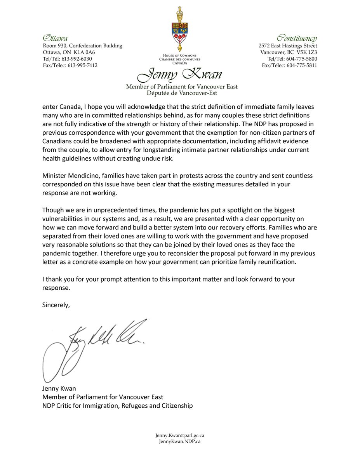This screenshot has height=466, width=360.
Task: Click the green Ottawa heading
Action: [x=56, y=38]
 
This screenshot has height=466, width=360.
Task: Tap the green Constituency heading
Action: [x=297, y=38]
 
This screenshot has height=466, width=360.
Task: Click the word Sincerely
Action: [x=56, y=305]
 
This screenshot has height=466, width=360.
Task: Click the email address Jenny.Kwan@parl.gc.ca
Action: [x=180, y=436]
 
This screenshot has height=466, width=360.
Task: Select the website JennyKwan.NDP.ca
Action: [x=180, y=442]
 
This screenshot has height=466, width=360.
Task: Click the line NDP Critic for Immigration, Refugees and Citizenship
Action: [x=117, y=406]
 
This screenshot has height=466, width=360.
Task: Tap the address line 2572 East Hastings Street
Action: [x=288, y=46]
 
